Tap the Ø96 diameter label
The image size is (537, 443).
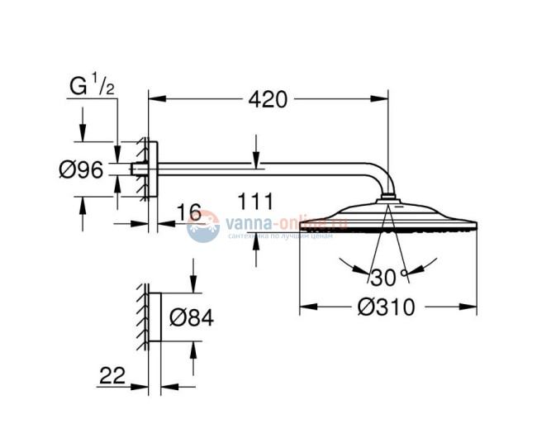(81, 170)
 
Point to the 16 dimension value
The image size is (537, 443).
(188, 213)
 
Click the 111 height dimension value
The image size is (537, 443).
(254, 201)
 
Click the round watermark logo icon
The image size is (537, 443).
(203, 226)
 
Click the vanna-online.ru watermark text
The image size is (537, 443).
(276, 222)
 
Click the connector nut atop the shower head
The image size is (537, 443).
(387, 199)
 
